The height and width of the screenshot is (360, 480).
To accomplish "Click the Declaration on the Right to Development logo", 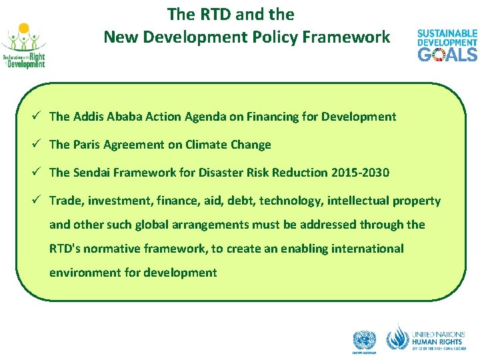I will (x=24, y=46).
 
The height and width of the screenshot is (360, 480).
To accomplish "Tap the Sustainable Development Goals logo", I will (x=447, y=45).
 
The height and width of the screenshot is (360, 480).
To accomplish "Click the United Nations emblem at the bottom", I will (x=365, y=341).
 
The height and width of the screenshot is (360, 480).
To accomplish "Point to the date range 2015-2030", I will (x=360, y=173).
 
